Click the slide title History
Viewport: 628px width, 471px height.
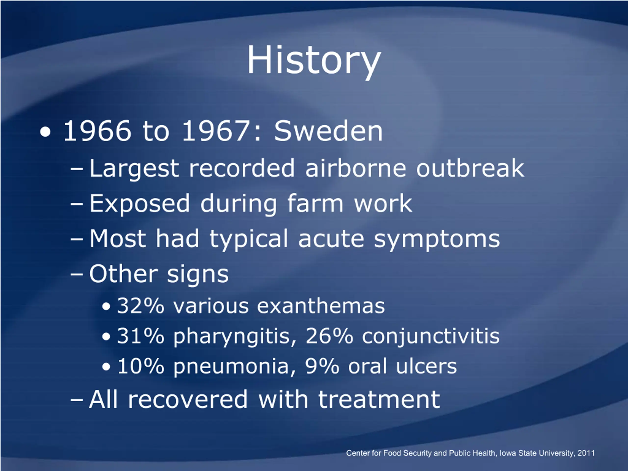coord(314,61)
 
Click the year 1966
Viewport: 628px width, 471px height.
coord(97,131)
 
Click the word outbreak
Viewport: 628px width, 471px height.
coord(470,168)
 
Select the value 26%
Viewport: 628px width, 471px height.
coord(329,336)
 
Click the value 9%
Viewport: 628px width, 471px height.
coord(322,366)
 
